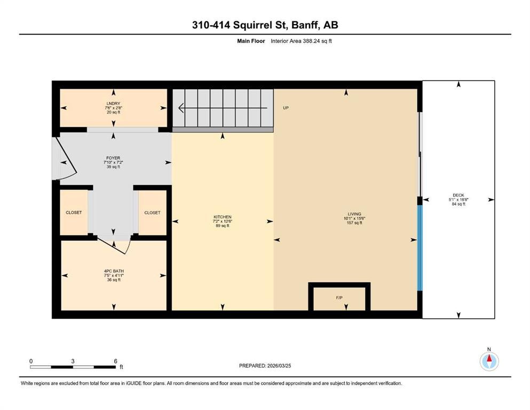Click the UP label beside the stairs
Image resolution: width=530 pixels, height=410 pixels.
[286, 108]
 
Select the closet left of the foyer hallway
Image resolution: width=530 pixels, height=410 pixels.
[74, 212]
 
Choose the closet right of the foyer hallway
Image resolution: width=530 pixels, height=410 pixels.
[152, 212]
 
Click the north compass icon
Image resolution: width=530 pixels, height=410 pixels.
[488, 361]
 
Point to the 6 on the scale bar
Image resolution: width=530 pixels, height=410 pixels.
[115, 361]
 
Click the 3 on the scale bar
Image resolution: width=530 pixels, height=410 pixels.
[73, 361]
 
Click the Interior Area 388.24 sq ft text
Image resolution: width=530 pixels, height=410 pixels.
[302, 41]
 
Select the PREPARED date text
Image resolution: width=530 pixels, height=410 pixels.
[265, 366]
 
